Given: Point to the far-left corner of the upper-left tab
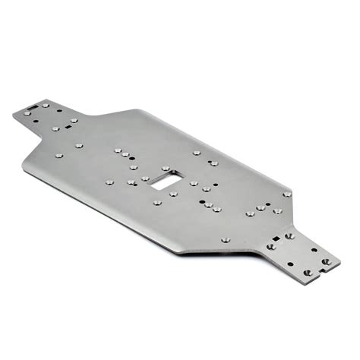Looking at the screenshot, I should click(14, 115).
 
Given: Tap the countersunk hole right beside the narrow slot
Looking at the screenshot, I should click(45, 105).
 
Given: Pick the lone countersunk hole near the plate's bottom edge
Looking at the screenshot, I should click(225, 240).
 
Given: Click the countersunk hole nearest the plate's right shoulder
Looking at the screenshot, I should click(287, 194).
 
